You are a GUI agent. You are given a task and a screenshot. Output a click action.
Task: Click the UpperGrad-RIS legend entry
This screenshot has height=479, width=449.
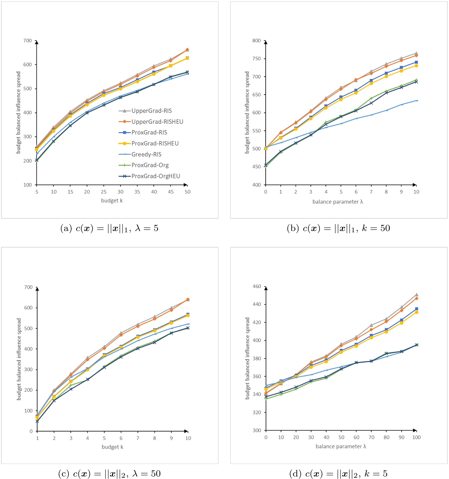click(151, 111)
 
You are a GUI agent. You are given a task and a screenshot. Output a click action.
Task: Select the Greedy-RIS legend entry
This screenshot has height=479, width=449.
click(146, 154)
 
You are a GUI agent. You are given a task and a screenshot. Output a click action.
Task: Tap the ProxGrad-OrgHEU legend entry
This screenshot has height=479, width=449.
click(156, 176)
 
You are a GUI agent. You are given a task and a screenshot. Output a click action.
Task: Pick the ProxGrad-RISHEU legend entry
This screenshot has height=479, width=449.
click(155, 143)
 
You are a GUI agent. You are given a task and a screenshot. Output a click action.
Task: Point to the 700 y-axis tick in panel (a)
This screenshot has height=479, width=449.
click(27, 40)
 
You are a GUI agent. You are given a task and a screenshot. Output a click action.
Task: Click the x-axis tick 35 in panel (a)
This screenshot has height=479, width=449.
click(137, 192)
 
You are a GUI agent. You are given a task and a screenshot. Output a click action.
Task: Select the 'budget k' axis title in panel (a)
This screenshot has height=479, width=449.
click(112, 201)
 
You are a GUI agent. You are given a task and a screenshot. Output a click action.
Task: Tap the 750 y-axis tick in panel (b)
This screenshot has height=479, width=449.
click(257, 59)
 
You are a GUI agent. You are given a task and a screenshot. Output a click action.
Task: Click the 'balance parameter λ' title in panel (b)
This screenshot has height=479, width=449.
click(338, 202)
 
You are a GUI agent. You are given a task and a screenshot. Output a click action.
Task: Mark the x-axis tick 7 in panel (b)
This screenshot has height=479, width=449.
click(371, 192)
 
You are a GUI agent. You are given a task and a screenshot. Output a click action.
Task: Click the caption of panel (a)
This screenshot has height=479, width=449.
click(109, 228)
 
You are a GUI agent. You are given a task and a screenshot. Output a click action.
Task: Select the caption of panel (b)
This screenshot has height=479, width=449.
click(339, 228)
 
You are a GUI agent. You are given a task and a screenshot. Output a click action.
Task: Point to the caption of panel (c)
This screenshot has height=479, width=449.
click(109, 474)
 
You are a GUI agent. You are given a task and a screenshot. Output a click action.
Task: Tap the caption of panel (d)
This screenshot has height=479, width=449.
click(339, 474)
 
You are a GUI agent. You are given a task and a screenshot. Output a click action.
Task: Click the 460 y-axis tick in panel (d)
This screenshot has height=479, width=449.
click(257, 286)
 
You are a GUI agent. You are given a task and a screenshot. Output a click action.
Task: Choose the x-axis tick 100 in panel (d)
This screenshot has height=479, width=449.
click(416, 437)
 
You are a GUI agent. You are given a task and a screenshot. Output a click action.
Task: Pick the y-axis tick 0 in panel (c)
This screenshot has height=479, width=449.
click(31, 431)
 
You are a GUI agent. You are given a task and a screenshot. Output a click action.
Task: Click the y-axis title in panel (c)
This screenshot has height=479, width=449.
click(19, 359)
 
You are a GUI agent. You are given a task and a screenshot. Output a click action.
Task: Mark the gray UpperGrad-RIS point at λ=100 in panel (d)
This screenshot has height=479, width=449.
click(417, 295)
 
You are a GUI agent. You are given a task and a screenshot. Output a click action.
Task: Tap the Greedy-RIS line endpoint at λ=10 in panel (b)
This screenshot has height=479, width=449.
click(417, 100)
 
